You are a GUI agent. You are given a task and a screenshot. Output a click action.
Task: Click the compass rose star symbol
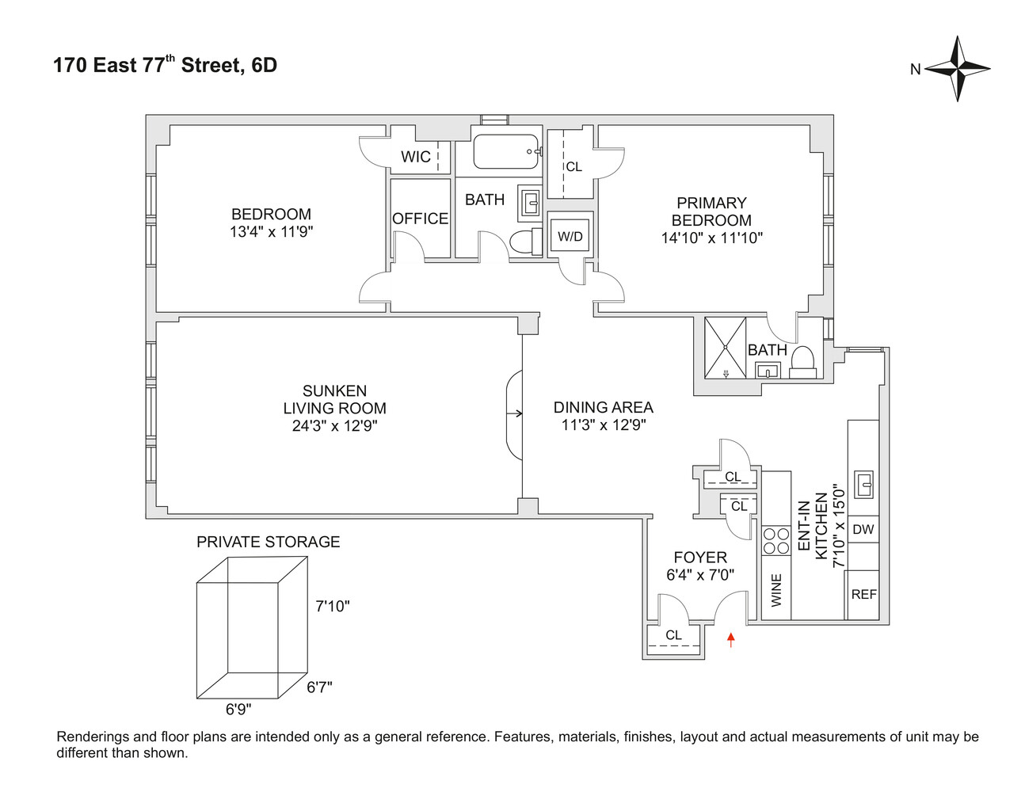pos(958,69)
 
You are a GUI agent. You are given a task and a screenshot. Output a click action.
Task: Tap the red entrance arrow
pos(730,640)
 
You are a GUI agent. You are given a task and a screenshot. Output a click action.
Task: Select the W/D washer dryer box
pos(570,236)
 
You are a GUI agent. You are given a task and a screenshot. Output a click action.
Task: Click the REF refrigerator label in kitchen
pos(863,594)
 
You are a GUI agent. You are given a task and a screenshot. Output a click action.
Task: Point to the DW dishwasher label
pos(863,529)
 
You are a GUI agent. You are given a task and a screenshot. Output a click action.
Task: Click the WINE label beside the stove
pos(776,590)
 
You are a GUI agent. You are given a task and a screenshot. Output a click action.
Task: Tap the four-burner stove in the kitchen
pos(776,540)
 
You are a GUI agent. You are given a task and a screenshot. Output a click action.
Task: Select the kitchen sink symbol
pos(863,483)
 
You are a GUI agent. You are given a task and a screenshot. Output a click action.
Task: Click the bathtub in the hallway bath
pos(506,151)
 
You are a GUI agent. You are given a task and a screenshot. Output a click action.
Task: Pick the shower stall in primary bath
pos(726,347)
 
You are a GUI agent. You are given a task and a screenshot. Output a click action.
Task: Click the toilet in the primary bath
pos(803,360)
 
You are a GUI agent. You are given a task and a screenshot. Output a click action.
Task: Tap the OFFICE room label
pos(420,219)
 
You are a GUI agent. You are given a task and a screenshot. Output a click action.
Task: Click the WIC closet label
pos(416,157)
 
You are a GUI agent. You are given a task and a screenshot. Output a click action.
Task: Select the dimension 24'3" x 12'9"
pos(334,426)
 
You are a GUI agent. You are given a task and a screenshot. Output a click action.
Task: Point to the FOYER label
pos(700,558)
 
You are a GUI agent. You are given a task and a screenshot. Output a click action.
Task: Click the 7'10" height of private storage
pos(333,607)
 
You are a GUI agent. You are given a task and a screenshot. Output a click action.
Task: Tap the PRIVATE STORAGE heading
pos(268,542)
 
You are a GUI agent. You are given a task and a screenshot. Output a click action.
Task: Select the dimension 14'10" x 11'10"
pos(711,238)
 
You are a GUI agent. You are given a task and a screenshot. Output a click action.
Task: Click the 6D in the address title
pos(264,65)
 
